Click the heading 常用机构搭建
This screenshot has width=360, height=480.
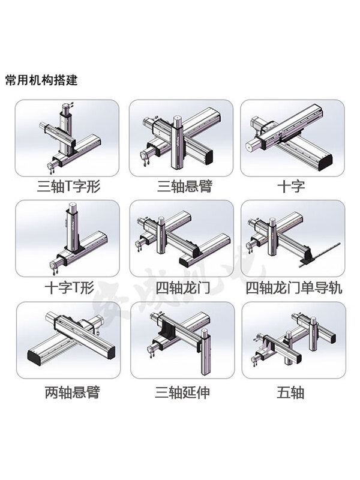(41, 79)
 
